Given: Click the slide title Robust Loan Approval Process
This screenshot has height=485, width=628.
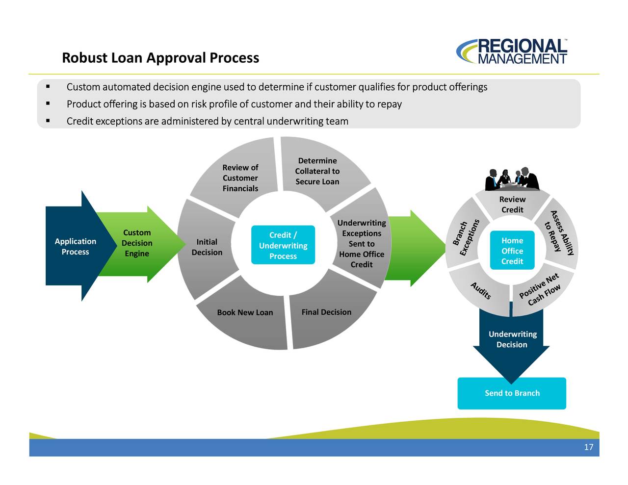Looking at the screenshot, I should pos(160,58).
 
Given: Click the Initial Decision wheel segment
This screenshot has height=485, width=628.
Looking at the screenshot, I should pos(207,247).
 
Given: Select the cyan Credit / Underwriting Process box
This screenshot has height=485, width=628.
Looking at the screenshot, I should pos(283,245).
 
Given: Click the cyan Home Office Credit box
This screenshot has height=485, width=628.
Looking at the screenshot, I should pos(512,251).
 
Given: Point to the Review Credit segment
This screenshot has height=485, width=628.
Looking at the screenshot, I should pos(512,204).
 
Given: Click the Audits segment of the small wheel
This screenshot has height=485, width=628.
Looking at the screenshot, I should pos(480,291).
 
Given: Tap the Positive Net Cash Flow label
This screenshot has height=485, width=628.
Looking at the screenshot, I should pos(539,290).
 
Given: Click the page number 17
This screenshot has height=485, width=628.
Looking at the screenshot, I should pos(589,447).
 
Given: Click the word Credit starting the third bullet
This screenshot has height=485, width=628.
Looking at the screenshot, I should pos(79,121).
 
